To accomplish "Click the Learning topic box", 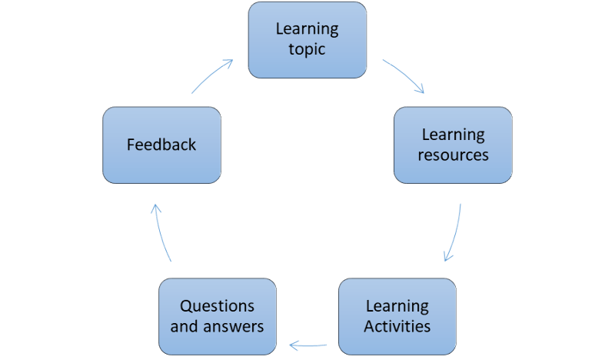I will click(307, 39).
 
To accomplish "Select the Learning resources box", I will click(454, 145).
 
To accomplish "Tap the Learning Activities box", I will click(397, 315).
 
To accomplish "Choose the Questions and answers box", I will click(217, 315).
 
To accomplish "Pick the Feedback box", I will click(162, 145).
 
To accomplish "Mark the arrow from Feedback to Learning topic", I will click(211, 76).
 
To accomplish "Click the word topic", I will click(307, 49).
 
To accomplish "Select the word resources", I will click(454, 155).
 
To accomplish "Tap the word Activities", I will click(397, 325).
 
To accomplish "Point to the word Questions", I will click(217, 305).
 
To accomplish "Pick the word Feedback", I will click(162, 145).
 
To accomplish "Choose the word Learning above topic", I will click(307, 30).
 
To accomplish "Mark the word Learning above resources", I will click(454, 135).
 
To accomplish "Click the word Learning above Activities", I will click(397, 305).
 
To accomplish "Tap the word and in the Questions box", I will click(183, 325).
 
